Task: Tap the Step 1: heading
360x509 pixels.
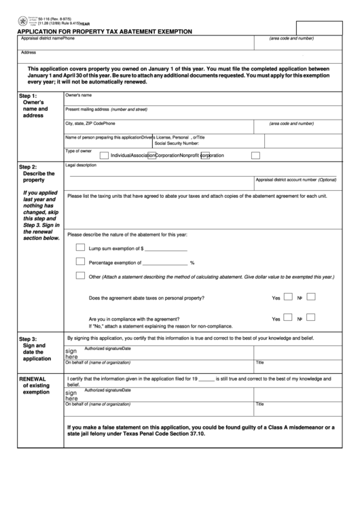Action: [28, 96]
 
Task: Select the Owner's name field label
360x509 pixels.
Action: [78, 95]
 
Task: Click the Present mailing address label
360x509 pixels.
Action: [106, 109]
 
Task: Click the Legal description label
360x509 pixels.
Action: [81, 165]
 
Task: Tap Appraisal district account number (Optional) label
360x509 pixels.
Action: [295, 179]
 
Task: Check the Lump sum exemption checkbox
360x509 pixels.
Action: [80, 247]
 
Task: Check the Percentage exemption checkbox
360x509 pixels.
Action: [80, 262]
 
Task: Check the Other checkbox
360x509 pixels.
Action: [80, 276]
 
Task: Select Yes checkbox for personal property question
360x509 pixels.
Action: [287, 297]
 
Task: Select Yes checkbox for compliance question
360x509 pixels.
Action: [287, 317]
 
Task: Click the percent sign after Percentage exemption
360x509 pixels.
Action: [192, 263]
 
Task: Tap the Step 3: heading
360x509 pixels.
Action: [28, 339]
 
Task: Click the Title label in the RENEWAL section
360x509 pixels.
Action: [259, 404]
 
